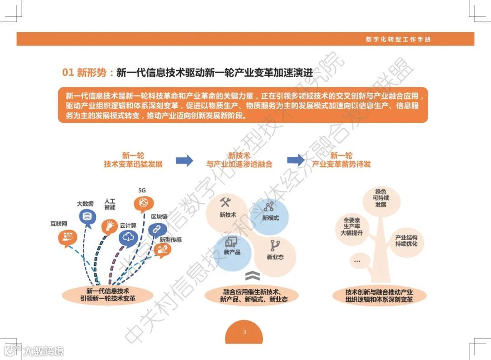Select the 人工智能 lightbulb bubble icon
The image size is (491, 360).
110,225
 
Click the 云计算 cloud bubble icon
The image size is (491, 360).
129,237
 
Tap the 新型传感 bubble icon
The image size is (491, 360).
162,249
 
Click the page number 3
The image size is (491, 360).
244,332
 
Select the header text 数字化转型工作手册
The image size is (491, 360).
398,39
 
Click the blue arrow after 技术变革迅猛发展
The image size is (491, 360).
184,160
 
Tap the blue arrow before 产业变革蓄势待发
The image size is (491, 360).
296,160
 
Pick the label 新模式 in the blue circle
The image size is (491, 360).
271,218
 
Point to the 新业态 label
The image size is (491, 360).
275,257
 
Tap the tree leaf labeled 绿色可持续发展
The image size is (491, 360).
381,198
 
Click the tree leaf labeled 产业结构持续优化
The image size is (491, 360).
406,241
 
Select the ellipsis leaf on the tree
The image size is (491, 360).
357,261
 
